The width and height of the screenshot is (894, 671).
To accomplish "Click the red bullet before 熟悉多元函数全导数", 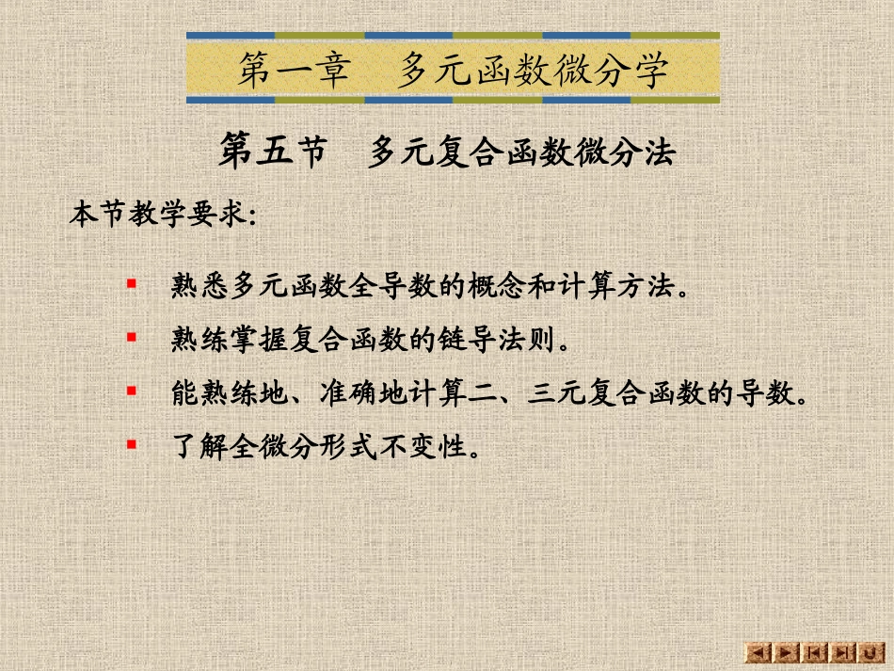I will pos(132,283).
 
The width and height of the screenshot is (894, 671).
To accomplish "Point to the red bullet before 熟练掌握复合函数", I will pos(132,336).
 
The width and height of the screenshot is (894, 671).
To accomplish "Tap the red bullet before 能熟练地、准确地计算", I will pos(132,390).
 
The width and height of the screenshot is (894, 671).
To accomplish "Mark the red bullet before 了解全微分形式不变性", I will pos(132,442).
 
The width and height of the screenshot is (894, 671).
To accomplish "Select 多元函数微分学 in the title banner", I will pos(532,70).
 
